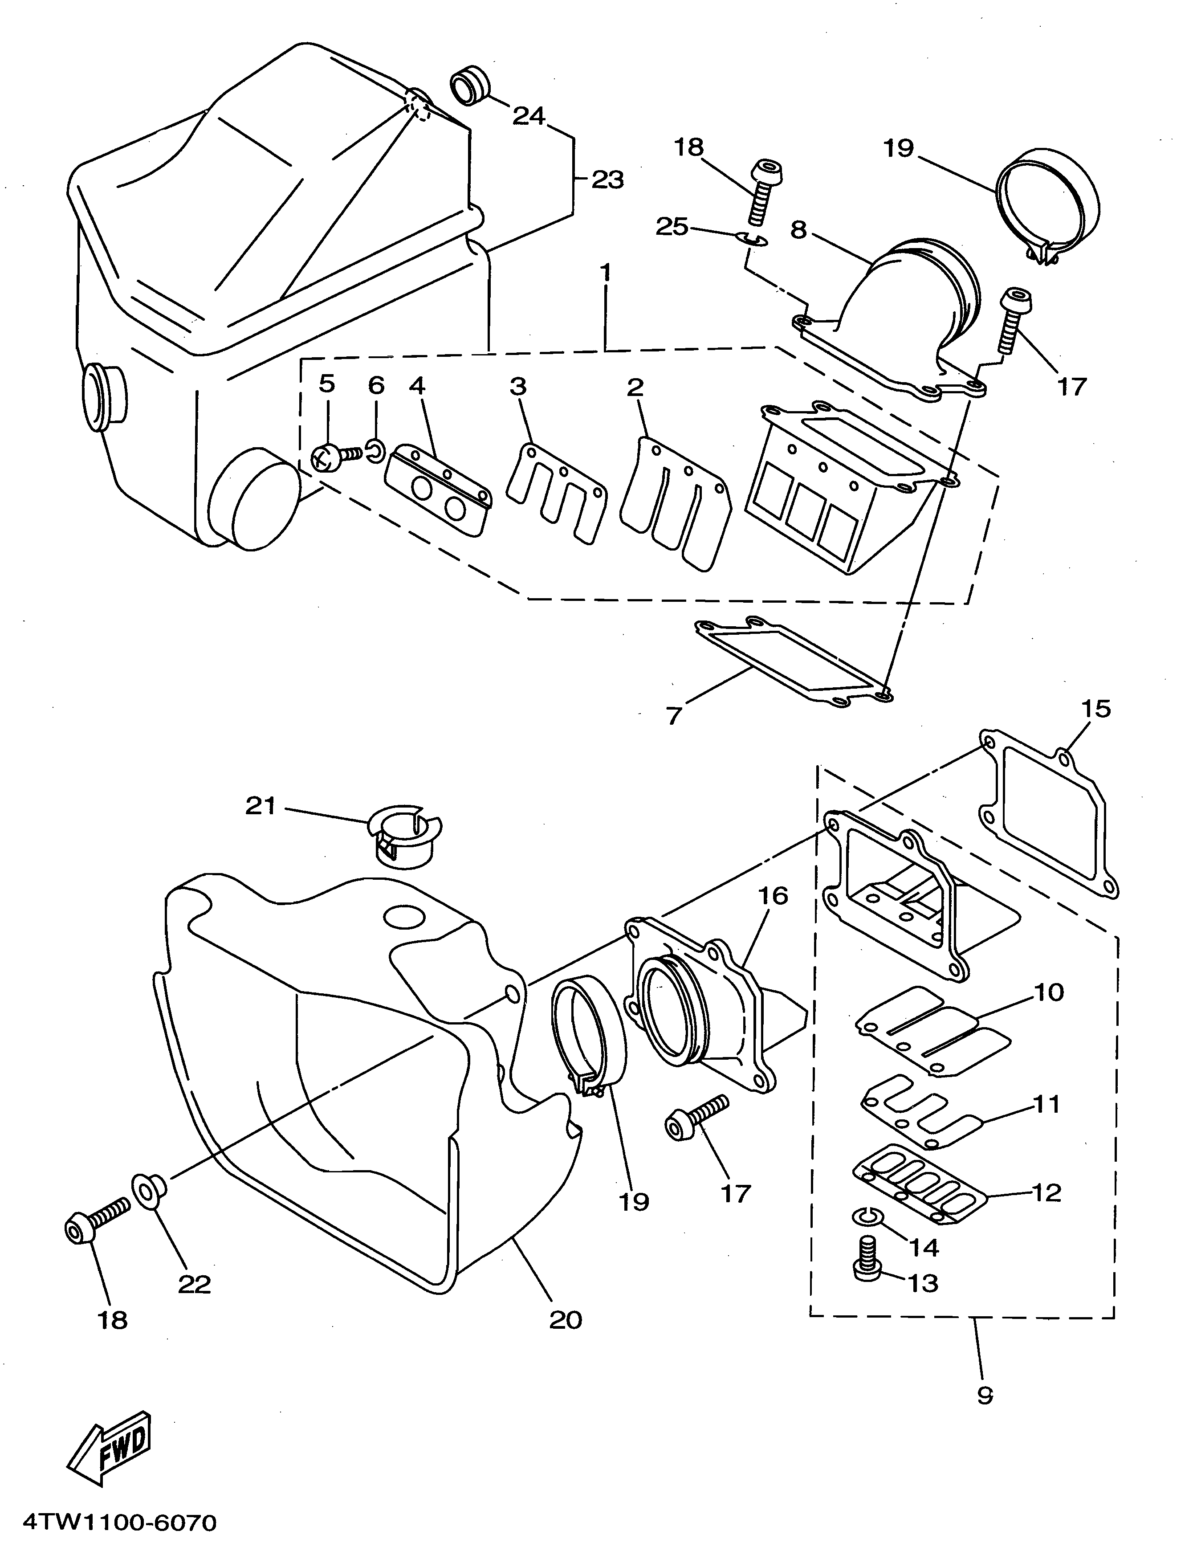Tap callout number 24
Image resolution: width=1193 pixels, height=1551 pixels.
point(529,116)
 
